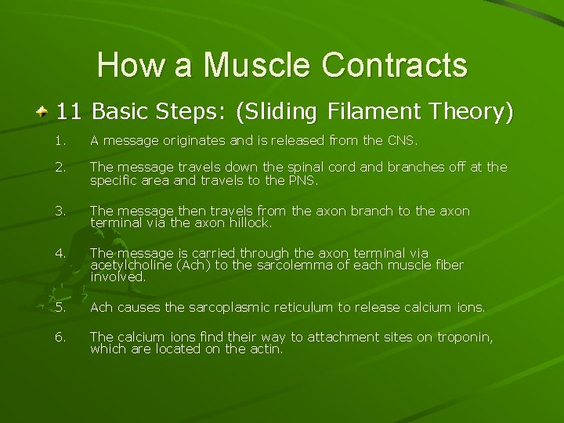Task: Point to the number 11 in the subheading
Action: [69, 111]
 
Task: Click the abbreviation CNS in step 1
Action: [402, 142]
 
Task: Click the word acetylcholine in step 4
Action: [125, 265]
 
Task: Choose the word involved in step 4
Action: [107, 277]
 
